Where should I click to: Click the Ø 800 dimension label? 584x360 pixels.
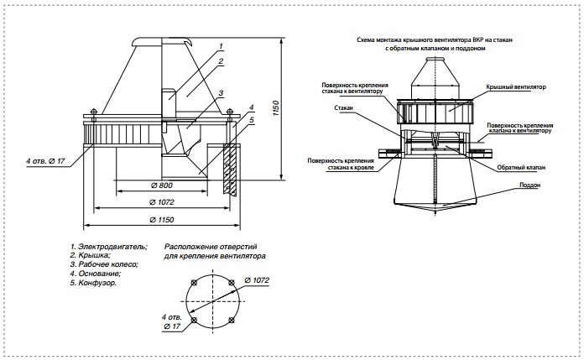(x=161, y=185)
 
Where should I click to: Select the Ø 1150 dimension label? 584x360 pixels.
(x=162, y=220)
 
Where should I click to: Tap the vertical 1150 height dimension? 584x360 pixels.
(x=276, y=108)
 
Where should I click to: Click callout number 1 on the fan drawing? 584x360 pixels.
(x=221, y=46)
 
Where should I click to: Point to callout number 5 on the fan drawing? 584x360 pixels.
(x=252, y=120)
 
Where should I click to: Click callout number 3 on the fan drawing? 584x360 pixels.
(x=221, y=93)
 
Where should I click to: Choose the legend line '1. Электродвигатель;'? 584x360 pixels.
(x=109, y=247)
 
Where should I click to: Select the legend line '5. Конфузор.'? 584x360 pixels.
(x=93, y=283)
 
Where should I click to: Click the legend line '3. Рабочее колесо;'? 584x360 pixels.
(x=104, y=264)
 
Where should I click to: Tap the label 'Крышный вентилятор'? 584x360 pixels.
(x=516, y=86)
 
